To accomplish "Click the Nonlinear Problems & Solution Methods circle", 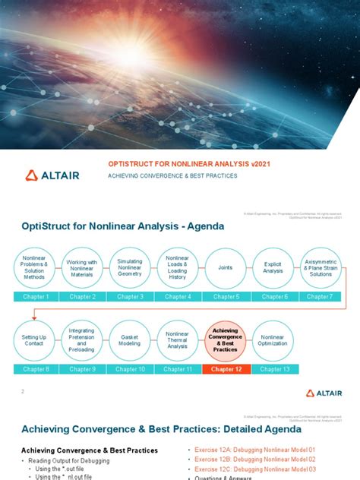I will click(x=34, y=267).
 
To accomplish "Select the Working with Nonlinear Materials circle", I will click(x=82, y=267).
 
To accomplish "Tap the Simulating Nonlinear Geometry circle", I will click(x=130, y=267).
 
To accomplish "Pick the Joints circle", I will click(x=225, y=267).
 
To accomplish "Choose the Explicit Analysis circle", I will click(x=273, y=267).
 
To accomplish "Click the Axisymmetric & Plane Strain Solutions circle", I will click(x=321, y=267).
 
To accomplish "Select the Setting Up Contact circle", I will click(x=34, y=339).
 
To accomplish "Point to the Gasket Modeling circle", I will click(x=130, y=339).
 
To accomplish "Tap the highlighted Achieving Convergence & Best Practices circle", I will click(x=225, y=339).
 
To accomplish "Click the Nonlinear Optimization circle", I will click(x=273, y=339).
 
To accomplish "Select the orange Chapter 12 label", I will click(x=225, y=369).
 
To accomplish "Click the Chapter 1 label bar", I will click(x=34, y=297).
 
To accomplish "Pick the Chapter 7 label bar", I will click(x=320, y=297).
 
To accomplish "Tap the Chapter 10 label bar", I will click(x=130, y=369).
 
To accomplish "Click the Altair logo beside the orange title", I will click(x=52, y=175).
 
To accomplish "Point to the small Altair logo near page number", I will click(x=320, y=393).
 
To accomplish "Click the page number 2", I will click(x=23, y=391).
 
